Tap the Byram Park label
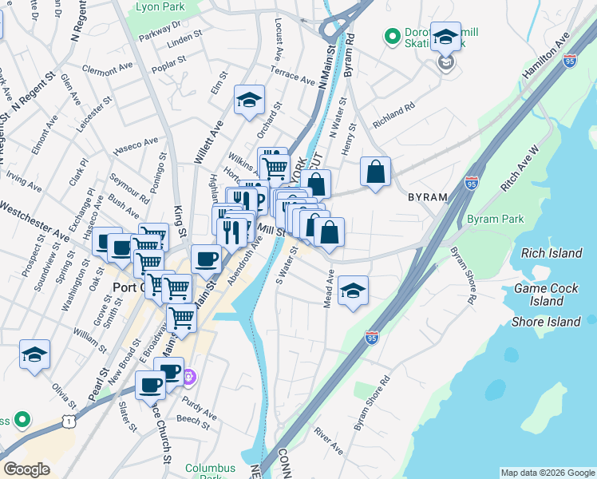[x=495, y=219]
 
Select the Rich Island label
[x=551, y=253]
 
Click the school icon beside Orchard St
[x=249, y=100]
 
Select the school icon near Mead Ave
[x=352, y=290]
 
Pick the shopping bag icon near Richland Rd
[x=375, y=171]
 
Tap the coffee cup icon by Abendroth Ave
[x=207, y=259]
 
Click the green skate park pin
[x=392, y=36]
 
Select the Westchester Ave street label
[x=34, y=212]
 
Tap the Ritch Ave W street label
[x=520, y=168]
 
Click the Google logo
[x=27, y=469]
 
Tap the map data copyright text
[x=548, y=473]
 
